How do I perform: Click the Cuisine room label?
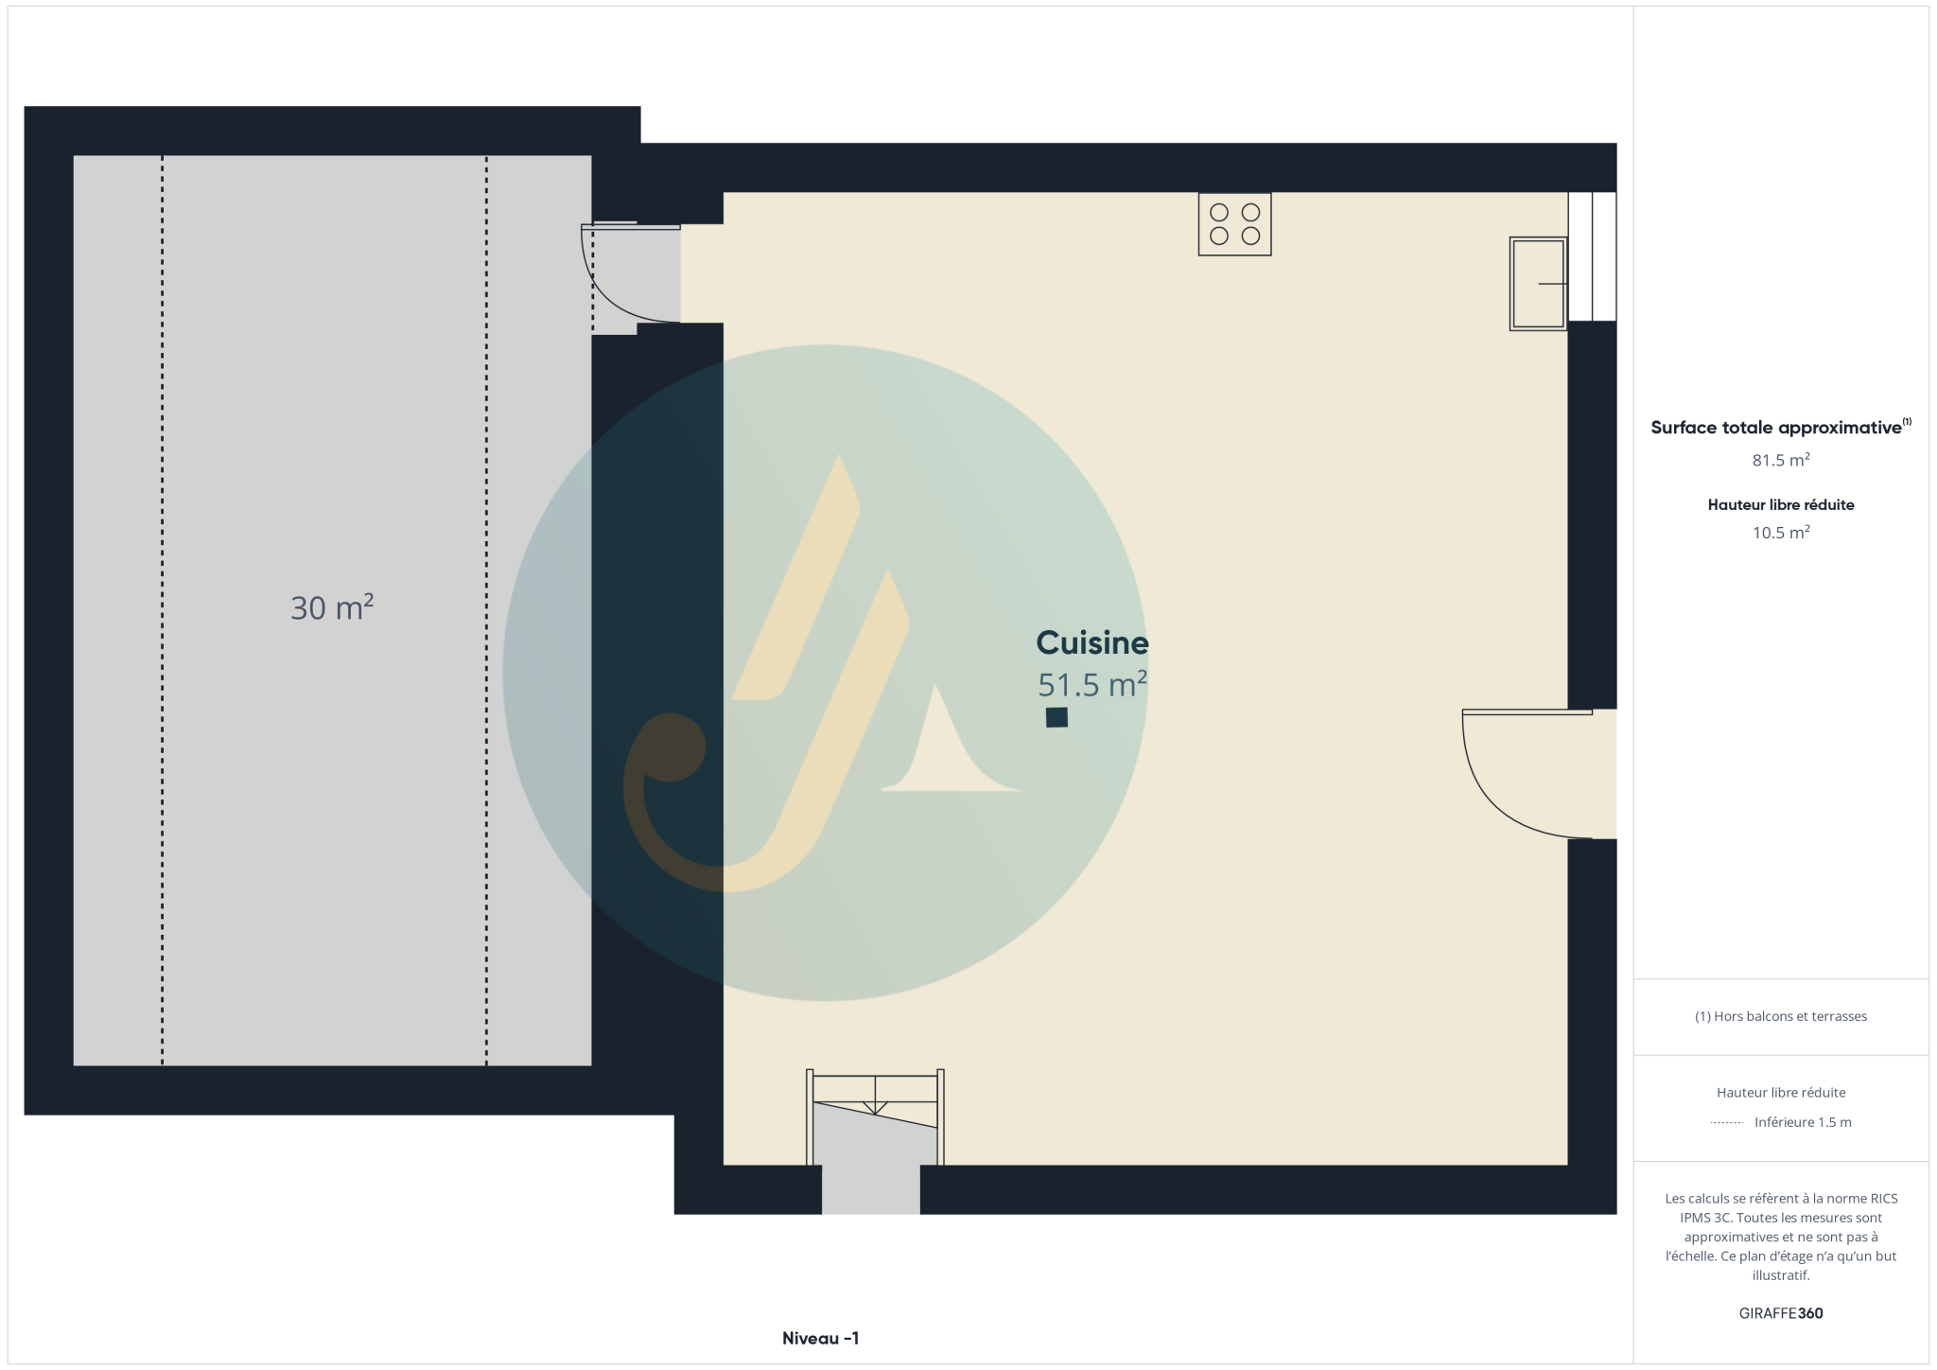1092,643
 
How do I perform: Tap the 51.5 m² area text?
1092,684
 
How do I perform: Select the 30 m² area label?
332,606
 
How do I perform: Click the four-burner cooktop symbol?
1234,224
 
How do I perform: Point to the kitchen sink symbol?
1538,283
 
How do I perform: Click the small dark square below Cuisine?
1056,717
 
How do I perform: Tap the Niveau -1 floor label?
820,1338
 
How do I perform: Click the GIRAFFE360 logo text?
1781,1313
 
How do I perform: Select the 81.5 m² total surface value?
1781,460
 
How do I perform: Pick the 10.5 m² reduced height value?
1781,533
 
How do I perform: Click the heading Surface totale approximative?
1776,428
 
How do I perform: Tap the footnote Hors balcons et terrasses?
1781,1016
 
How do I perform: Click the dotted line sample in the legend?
1727,1123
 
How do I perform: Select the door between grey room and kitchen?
631,273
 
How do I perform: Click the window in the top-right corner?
1592,256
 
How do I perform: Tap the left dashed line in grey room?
162,610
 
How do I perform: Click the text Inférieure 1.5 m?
1803,1122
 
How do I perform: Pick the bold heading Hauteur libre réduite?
1781,504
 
